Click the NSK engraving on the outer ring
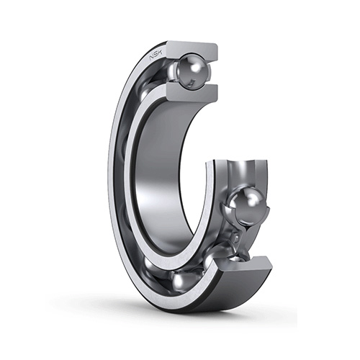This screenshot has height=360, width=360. click(156, 55)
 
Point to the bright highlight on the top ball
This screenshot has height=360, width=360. click(186, 66)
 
